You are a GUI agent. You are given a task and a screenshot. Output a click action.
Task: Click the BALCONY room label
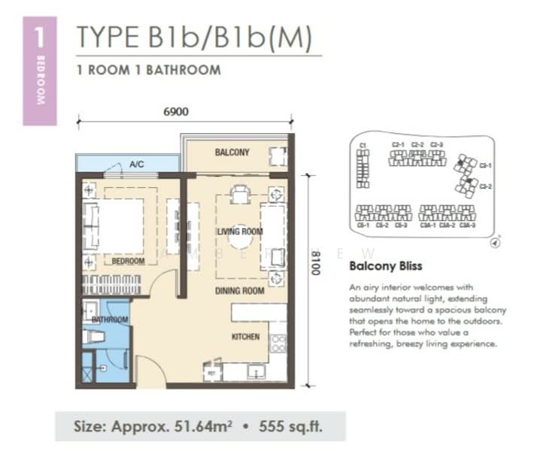pyautogui.click(x=232, y=153)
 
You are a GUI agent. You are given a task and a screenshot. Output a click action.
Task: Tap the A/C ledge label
pyautogui.click(x=136, y=163)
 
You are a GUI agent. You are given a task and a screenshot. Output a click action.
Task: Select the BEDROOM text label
pyautogui.click(x=128, y=262)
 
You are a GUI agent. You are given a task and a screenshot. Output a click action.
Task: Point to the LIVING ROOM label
pyautogui.click(x=239, y=232)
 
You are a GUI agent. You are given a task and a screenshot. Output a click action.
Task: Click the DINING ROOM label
pyautogui.click(x=239, y=290)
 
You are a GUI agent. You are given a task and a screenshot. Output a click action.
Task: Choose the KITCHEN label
pyautogui.click(x=245, y=337)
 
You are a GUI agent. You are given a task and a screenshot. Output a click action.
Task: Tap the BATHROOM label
pyautogui.click(x=110, y=319)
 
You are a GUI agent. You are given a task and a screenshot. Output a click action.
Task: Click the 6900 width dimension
pyautogui.click(x=176, y=112)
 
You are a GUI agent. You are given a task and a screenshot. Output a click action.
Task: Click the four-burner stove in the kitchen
pyautogui.click(x=278, y=344)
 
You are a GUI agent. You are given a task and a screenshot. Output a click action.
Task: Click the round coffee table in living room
pyautogui.click(x=240, y=240)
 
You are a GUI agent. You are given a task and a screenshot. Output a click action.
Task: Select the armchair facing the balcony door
pyautogui.click(x=240, y=194)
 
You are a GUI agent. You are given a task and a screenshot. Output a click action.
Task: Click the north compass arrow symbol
pyautogui.click(x=495, y=242)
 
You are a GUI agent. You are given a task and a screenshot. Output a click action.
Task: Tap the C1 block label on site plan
pyautogui.click(x=362, y=144)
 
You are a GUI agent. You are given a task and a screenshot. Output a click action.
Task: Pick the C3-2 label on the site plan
pyautogui.click(x=485, y=186)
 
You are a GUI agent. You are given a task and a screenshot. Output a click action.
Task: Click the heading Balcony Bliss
pyautogui.click(x=386, y=266)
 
